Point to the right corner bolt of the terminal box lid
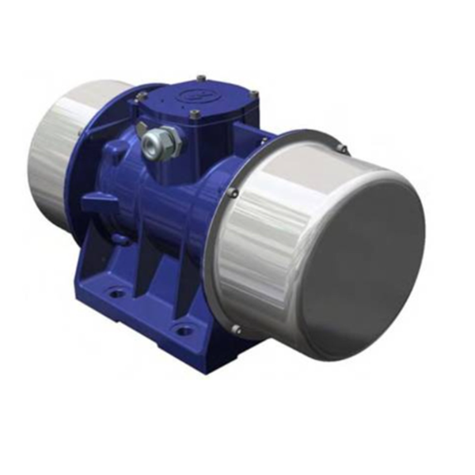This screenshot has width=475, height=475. click(254, 94)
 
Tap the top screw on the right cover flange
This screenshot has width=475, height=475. click(342, 147)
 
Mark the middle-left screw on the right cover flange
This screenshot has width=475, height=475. click(232, 192)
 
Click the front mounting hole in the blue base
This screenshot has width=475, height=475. click(184, 329)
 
